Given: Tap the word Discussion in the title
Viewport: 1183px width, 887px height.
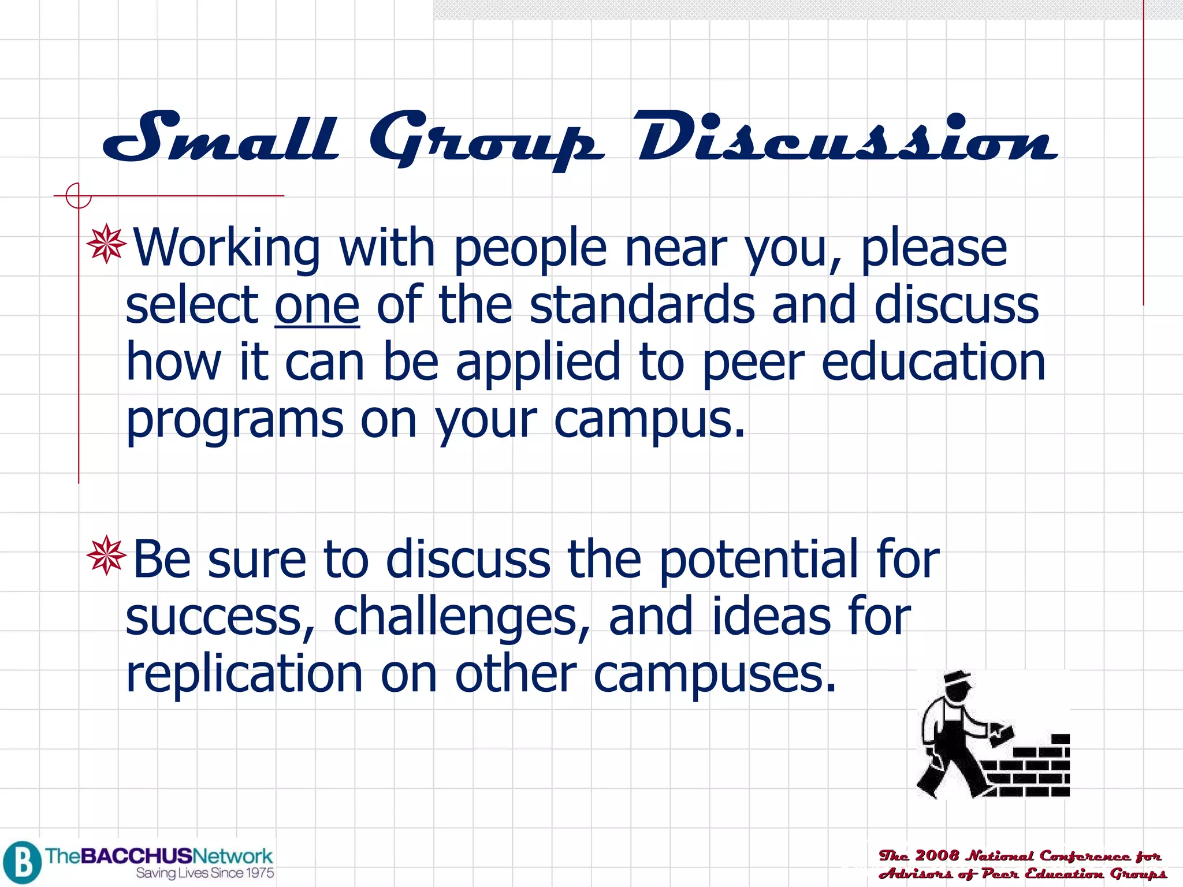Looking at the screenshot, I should [847, 139].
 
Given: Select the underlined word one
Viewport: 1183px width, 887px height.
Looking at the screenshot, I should [317, 306].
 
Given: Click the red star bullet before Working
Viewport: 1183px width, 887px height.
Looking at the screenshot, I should [106, 245].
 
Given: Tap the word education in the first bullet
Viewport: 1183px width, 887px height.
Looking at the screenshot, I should [932, 363].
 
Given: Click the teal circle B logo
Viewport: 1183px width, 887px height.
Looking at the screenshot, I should [22, 862].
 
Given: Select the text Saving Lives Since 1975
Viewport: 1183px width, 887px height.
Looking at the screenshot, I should [204, 873].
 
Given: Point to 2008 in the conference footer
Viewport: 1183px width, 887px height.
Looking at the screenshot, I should [936, 855].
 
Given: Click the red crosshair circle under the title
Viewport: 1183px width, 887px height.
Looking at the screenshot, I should [78, 196].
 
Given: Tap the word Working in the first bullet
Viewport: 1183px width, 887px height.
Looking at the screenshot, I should [226, 248].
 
